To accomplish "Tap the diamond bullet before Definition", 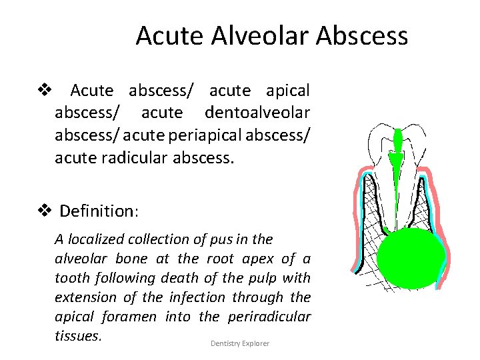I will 45,211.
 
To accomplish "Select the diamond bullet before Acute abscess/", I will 45,89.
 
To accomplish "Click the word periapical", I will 206,137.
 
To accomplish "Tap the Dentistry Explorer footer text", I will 240,343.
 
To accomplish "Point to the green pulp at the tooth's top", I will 398,142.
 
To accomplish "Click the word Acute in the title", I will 167,35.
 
